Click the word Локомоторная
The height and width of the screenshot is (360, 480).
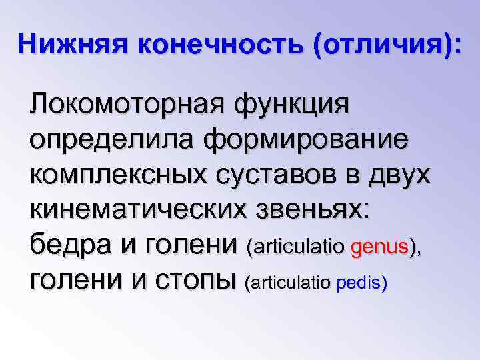click(x=127, y=106)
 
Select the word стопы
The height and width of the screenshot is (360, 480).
click(x=197, y=282)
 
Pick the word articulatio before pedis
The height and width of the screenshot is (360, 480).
click(x=291, y=284)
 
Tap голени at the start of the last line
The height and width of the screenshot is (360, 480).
click(x=73, y=282)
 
